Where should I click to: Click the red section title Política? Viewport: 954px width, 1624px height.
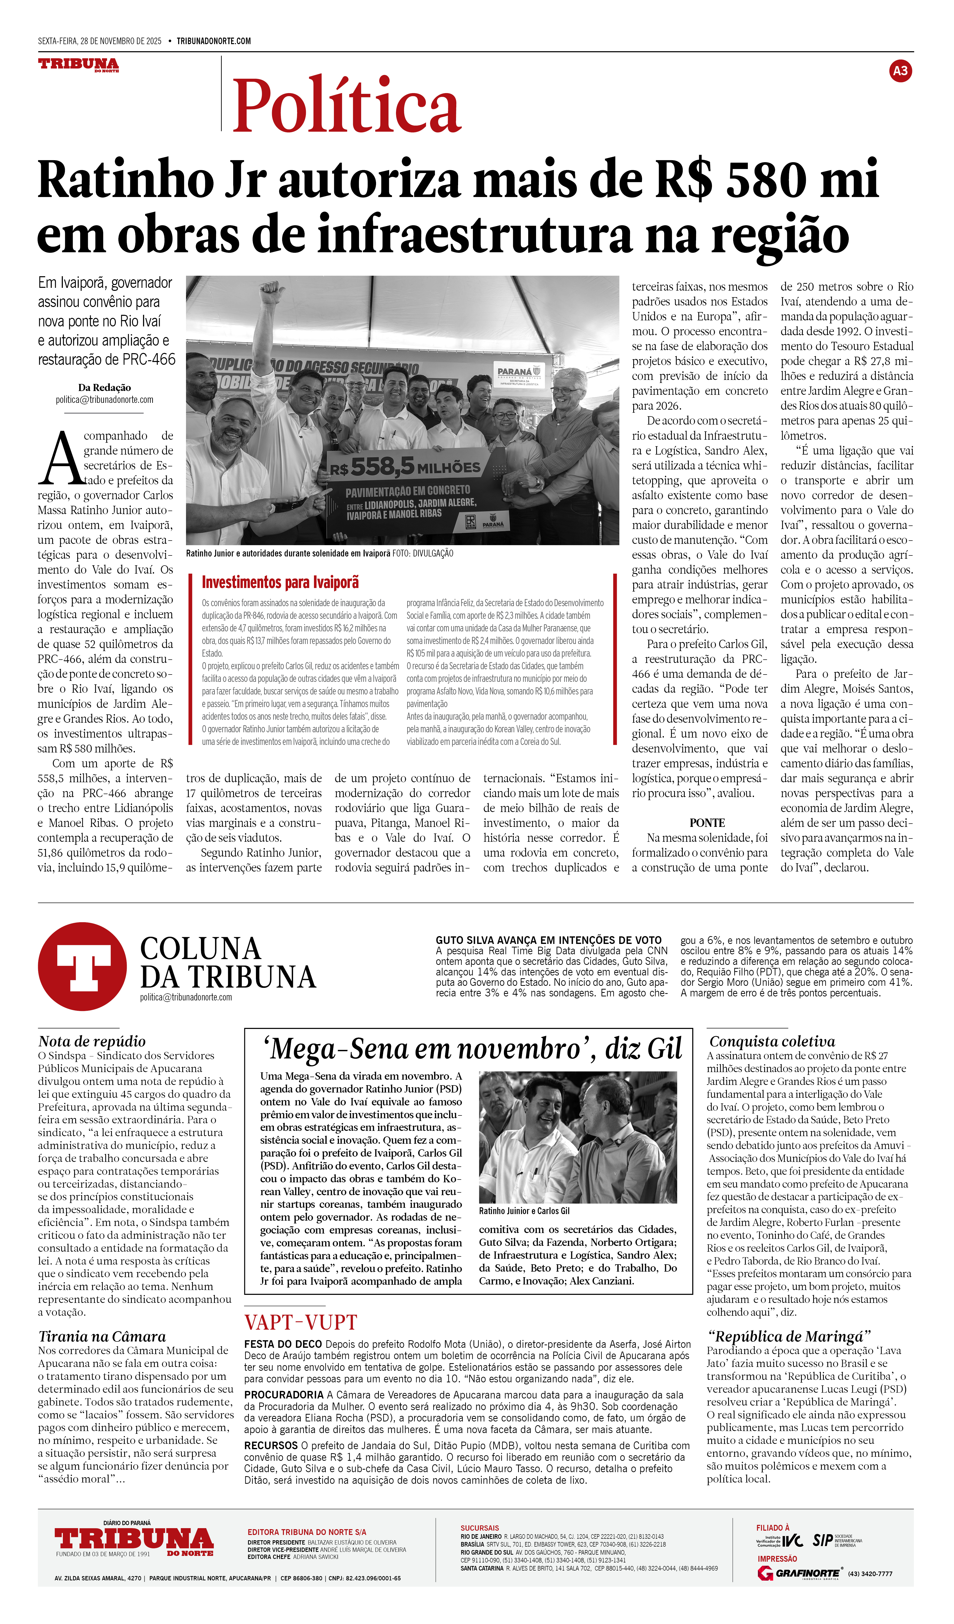[x=347, y=105]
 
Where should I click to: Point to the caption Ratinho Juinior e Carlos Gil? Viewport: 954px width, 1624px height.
[x=524, y=1211]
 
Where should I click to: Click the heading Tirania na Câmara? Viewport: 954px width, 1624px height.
[x=102, y=1336]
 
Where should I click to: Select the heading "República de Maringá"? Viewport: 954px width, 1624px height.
[x=789, y=1336]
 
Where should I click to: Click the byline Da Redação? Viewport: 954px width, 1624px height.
[x=104, y=387]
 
